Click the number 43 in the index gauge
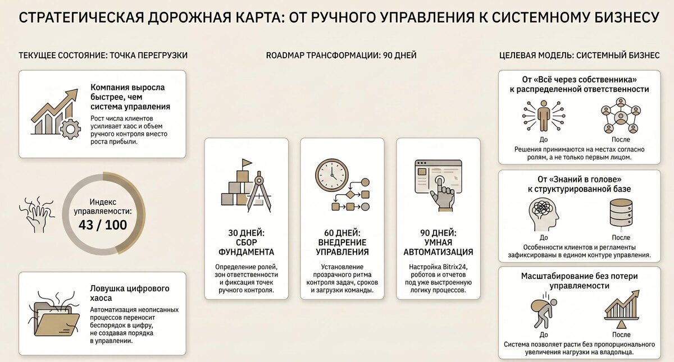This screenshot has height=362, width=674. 86,225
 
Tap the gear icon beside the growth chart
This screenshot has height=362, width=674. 70,129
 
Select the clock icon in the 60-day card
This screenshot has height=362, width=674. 332,175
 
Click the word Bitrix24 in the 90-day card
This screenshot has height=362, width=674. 456,267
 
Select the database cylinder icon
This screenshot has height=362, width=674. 621,213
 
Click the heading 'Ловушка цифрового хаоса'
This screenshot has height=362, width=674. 130,293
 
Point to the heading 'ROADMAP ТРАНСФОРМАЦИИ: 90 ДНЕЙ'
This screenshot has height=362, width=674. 341,56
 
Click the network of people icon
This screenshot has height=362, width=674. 621,116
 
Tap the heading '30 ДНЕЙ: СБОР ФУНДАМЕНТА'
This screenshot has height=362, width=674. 246,242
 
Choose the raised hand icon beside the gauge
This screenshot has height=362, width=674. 37,215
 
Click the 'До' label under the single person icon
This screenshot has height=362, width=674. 544,140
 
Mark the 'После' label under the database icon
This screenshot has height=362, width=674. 621,237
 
